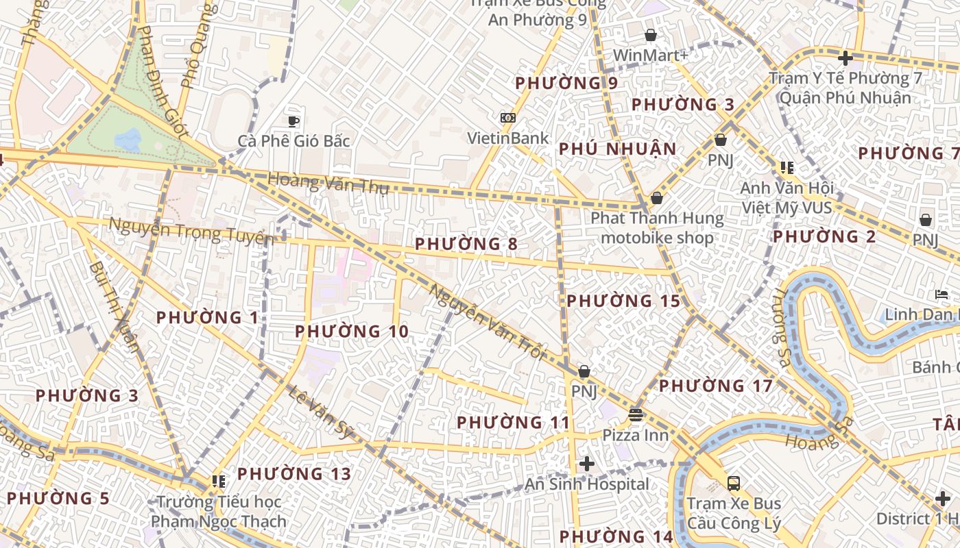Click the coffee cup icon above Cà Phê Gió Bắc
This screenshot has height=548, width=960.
pyautogui.click(x=293, y=121)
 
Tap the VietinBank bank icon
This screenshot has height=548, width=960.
pyautogui.click(x=507, y=118)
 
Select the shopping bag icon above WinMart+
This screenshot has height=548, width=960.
pyautogui.click(x=650, y=35)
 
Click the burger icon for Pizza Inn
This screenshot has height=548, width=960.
pyautogui.click(x=636, y=414)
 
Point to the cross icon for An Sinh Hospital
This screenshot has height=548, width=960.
pyautogui.click(x=586, y=464)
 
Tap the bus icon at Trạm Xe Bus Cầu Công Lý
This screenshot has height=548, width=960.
pyautogui.click(x=734, y=483)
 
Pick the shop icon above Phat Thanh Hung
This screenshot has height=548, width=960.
pyautogui.click(x=657, y=198)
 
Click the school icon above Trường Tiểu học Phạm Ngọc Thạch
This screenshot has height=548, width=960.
pyautogui.click(x=219, y=482)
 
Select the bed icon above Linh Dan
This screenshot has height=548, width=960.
pyautogui.click(x=941, y=295)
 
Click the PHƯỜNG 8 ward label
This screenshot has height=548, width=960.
pyautogui.click(x=466, y=244)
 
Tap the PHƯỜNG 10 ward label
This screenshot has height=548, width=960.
pyautogui.click(x=352, y=332)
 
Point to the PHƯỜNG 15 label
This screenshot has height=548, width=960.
pyautogui.click(x=623, y=301)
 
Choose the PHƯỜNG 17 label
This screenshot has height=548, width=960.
pyautogui.click(x=716, y=386)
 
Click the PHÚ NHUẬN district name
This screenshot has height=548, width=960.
pyautogui.click(x=617, y=149)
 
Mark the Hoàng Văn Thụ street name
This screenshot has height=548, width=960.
pyautogui.click(x=328, y=183)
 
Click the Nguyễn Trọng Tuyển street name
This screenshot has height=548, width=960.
pyautogui.click(x=191, y=231)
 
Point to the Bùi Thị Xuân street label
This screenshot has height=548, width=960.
pyautogui.click(x=113, y=305)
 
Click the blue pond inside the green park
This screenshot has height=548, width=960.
pyautogui.click(x=128, y=140)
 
